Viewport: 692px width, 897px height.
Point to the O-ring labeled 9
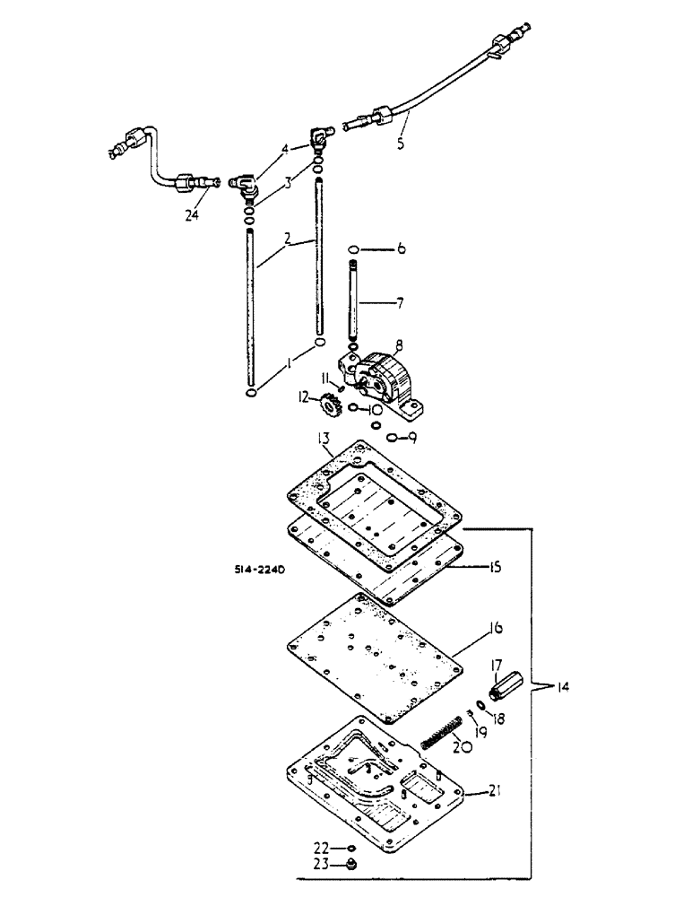(x=394, y=438)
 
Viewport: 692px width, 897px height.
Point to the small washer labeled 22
(x=353, y=848)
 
